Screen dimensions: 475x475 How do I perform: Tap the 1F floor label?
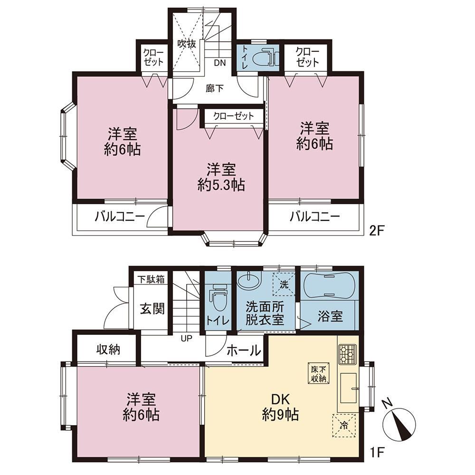(377, 453)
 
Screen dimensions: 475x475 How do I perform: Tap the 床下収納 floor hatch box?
(319, 373)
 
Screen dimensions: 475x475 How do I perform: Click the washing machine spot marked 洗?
(284, 284)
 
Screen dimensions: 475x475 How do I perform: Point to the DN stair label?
(220, 63)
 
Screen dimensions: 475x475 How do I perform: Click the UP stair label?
(187, 338)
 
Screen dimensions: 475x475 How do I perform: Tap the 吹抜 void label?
(187, 44)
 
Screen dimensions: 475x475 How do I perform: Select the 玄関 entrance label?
(152, 309)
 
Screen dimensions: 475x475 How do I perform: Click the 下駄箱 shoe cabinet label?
(151, 279)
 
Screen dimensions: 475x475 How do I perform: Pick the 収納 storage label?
(108, 350)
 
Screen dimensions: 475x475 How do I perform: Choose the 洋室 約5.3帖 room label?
(221, 177)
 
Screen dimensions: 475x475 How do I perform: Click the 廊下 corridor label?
(215, 88)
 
